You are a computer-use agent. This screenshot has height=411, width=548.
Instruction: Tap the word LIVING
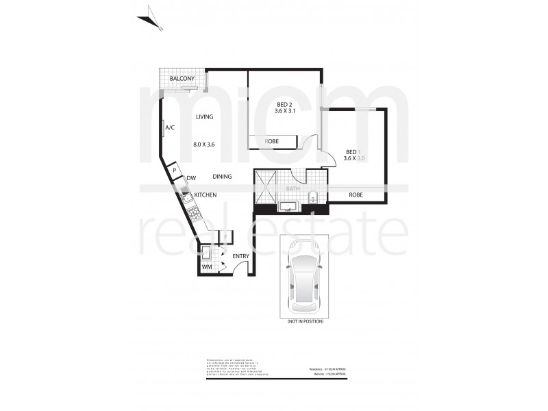point(204,117)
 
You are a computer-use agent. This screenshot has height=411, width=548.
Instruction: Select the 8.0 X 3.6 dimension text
point(204,145)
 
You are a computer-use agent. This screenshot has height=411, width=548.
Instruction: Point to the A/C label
point(169,127)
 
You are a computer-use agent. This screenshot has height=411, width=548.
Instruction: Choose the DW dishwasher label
point(191,179)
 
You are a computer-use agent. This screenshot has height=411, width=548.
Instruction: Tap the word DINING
point(221,177)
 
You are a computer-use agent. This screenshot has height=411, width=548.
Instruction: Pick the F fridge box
point(226,237)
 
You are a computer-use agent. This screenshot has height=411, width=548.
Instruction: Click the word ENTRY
point(240,257)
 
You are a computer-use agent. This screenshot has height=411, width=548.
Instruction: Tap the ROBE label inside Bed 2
point(272,142)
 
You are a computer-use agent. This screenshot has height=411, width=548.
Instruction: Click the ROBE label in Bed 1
point(356,195)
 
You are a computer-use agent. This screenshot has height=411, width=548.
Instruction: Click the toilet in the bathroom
point(313,197)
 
